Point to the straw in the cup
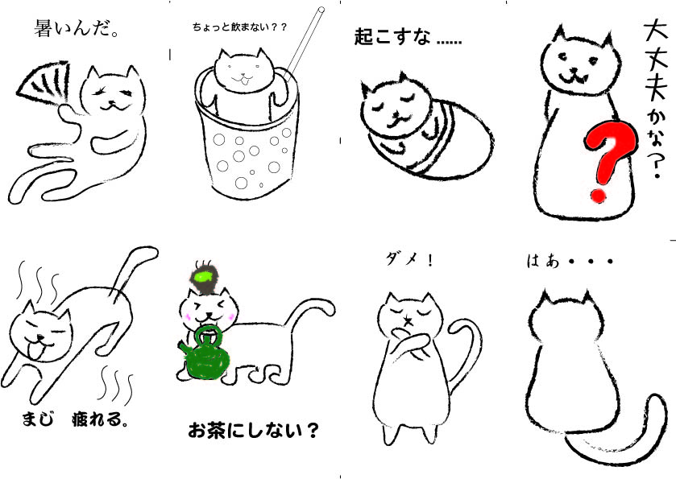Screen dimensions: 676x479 click(x=304, y=43)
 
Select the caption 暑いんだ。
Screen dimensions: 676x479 click(x=77, y=29)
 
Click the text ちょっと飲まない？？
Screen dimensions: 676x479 click(x=240, y=27)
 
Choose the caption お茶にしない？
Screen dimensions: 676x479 click(x=254, y=429)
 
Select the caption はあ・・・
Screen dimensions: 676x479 click(x=570, y=261)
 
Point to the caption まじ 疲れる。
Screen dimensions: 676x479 click(x=75, y=419)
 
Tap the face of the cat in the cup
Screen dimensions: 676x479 click(x=244, y=71)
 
